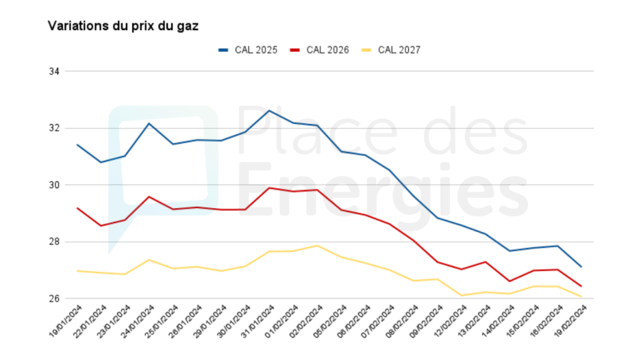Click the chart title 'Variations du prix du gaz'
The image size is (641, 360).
point(123,25)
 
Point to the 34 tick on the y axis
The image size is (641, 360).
point(55,71)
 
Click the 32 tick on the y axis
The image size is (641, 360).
point(55,128)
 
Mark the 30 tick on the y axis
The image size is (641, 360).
point(55,185)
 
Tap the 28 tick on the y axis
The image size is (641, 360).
point(55,242)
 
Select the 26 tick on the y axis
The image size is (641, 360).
point(55,298)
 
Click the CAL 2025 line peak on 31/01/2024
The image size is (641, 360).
point(269,110)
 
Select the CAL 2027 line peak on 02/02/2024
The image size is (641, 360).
point(317,246)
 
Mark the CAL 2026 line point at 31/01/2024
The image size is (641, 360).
point(269,188)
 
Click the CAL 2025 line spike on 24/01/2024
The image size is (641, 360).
point(149,123)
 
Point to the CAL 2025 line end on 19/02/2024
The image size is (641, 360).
point(581,267)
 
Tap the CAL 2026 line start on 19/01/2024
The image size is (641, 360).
point(77,208)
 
